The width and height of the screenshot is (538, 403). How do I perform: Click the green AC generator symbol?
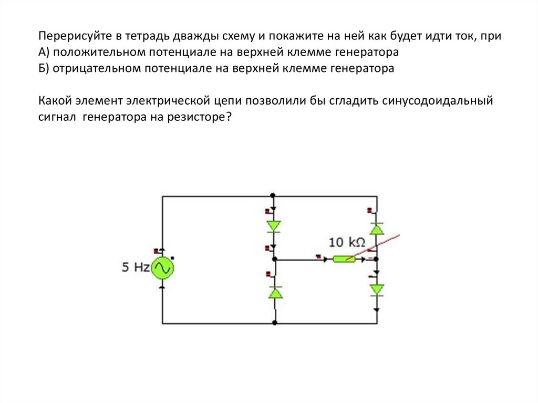[162, 269]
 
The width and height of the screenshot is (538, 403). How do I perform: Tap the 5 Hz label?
[136, 267]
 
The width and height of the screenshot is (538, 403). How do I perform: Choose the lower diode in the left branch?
[274, 293]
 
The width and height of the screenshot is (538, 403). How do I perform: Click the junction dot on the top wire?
[274, 197]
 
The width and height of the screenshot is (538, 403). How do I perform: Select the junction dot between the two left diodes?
[274, 259]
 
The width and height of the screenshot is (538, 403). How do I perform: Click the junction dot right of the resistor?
[377, 259]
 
